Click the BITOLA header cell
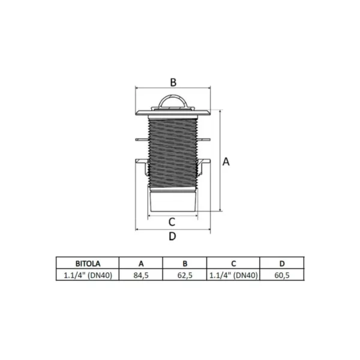[88, 263]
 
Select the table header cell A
[141, 263]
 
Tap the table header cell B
[185, 263]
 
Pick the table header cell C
[233, 263]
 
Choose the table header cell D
[282, 263]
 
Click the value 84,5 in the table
[141, 275]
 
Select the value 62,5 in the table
[185, 275]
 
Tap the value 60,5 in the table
[282, 275]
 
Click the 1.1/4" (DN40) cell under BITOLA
[88, 275]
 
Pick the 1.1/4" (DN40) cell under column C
[233, 275]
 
